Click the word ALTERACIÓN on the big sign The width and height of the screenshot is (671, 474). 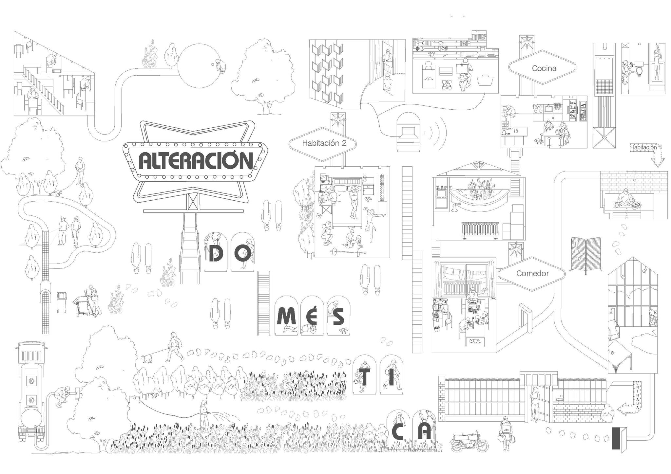(x=196, y=160)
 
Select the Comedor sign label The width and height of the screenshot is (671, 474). (x=532, y=273)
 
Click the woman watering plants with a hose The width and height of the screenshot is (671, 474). (x=204, y=416)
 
